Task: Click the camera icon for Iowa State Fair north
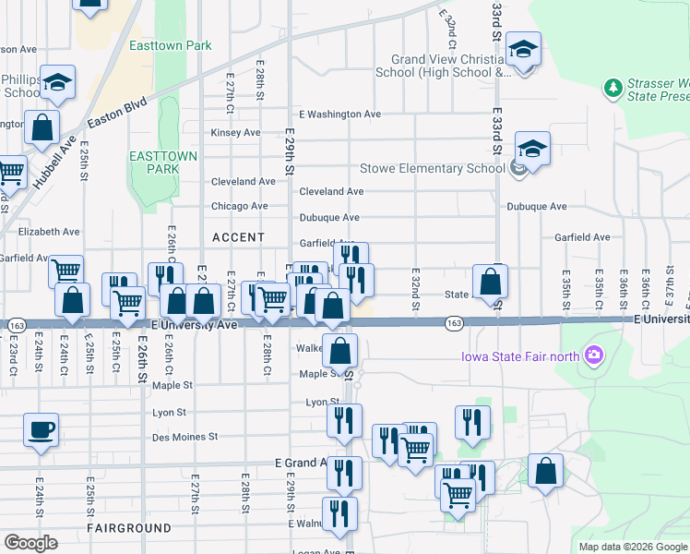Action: (x=593, y=355)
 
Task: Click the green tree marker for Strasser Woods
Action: (x=613, y=88)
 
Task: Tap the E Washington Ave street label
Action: (x=340, y=114)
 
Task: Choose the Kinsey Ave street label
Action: (x=235, y=133)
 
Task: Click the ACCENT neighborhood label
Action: (x=238, y=237)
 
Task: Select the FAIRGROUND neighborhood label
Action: (x=129, y=528)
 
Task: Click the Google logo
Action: (x=30, y=543)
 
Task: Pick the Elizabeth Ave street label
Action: (x=50, y=232)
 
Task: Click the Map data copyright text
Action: (x=633, y=547)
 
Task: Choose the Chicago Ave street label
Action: (x=239, y=207)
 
